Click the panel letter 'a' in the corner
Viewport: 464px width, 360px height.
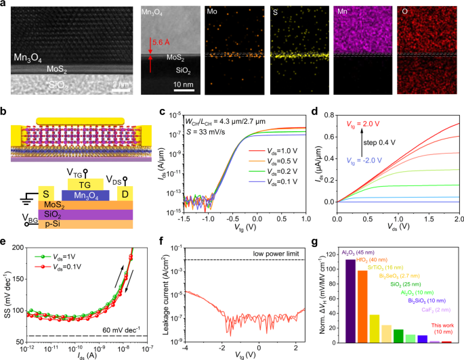(x=5, y=5)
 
